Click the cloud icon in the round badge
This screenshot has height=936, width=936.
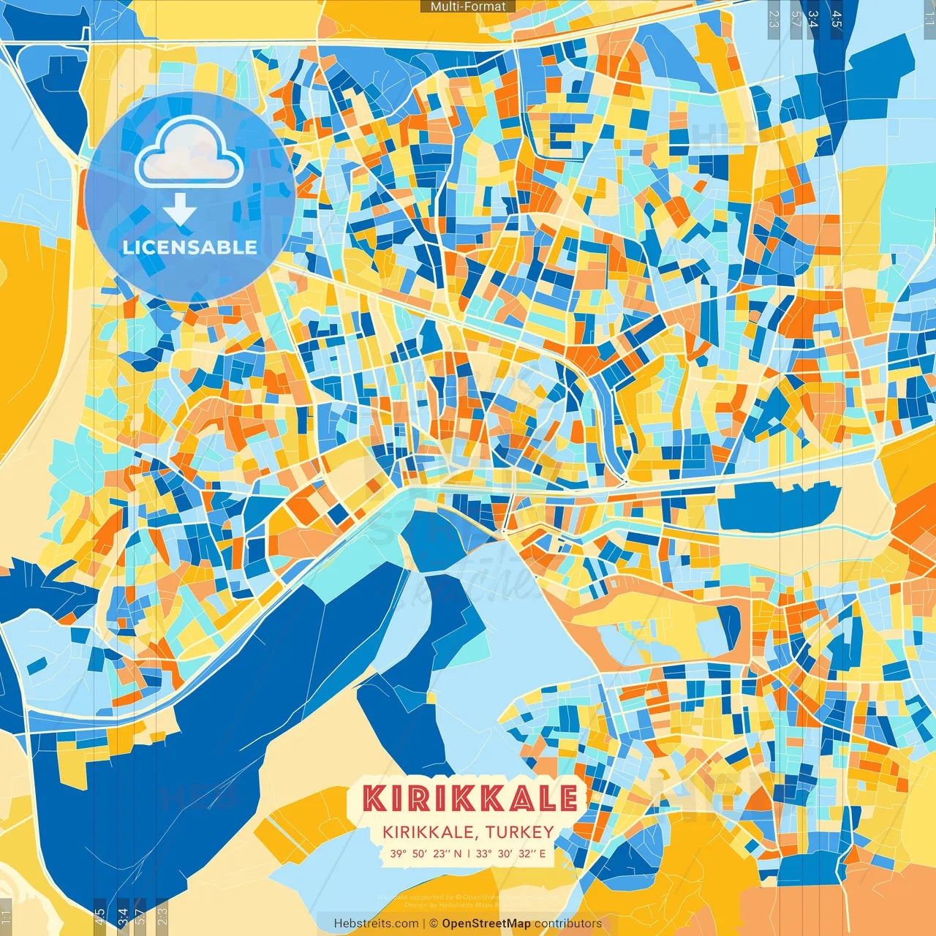click(189, 152)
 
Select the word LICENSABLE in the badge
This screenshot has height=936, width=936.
click(189, 247)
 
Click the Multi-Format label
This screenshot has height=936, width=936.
click(468, 7)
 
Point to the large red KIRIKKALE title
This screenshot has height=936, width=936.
click(470, 799)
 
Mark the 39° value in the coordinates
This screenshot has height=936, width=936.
click(398, 853)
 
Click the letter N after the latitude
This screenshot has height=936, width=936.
click(458, 853)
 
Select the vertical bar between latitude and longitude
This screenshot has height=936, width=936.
click(469, 853)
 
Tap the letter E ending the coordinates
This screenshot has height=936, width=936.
click(543, 853)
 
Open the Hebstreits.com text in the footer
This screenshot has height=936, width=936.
click(376, 924)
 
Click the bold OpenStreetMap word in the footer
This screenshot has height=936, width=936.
click(486, 924)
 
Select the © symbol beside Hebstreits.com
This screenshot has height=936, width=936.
click(432, 924)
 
